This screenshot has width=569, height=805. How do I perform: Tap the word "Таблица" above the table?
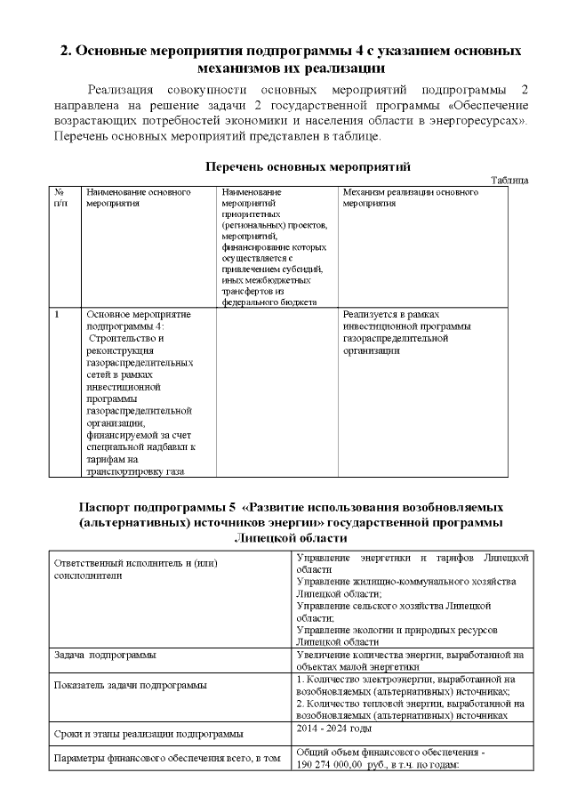click(x=509, y=181)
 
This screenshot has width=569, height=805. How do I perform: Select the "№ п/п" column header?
click(x=60, y=197)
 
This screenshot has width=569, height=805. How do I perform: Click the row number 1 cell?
click(x=58, y=314)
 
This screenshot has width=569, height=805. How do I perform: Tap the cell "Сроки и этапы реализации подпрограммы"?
click(x=147, y=734)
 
